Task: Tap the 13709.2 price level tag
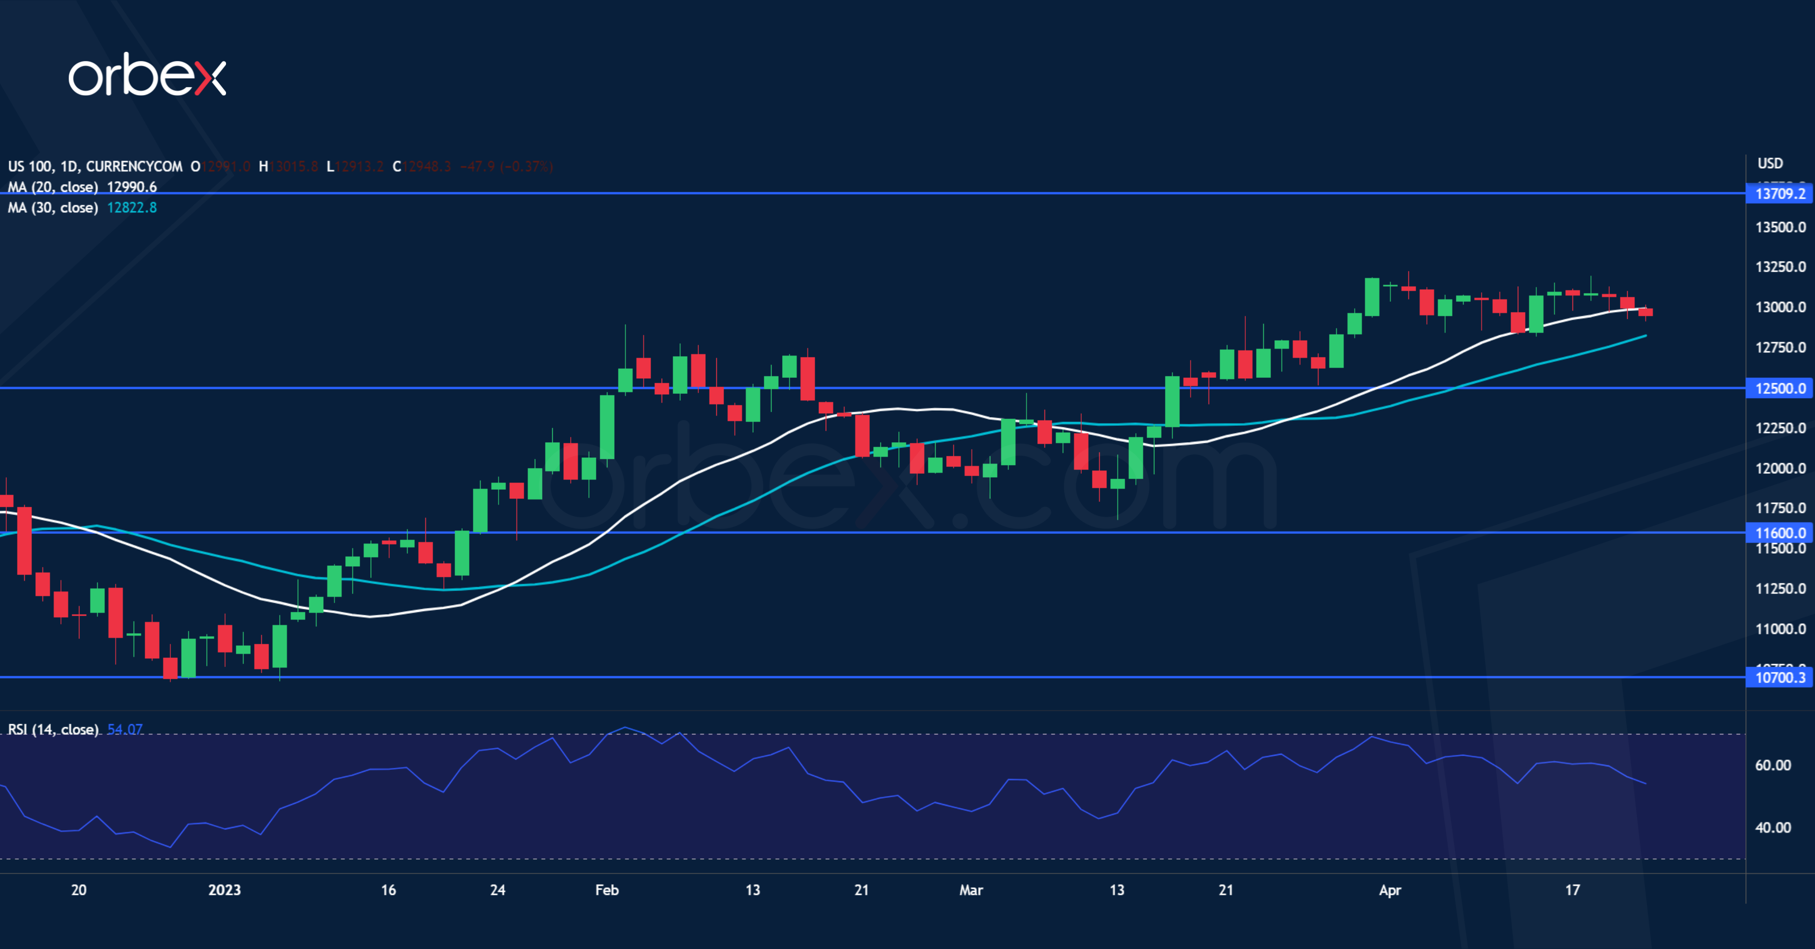pos(1779,194)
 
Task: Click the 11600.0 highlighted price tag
pos(1779,533)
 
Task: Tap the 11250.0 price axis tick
pos(1780,589)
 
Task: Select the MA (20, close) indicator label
pos(53,187)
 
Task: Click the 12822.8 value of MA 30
pos(132,207)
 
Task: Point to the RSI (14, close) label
pos(53,729)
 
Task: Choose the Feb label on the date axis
pos(606,890)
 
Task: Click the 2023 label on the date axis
pos(224,890)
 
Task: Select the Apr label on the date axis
pos(1390,890)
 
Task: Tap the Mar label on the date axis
pos(970,890)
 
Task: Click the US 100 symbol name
pos(30,166)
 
